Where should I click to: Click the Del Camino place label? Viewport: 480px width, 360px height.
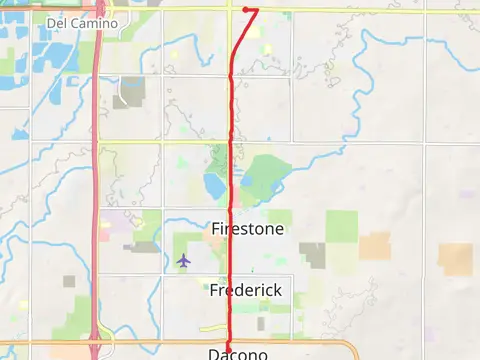click(x=82, y=22)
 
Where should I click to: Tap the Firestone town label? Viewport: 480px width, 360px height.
click(x=248, y=229)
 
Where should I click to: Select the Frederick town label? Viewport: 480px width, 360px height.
click(x=246, y=290)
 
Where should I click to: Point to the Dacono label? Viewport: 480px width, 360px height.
click(x=238, y=354)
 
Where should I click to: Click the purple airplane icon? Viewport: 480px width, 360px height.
click(x=183, y=261)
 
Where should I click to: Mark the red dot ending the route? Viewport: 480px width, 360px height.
click(x=246, y=10)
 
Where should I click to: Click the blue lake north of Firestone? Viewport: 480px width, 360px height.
click(x=214, y=185)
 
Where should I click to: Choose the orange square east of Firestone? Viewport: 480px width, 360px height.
click(x=375, y=246)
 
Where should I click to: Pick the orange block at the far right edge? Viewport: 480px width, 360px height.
click(x=455, y=259)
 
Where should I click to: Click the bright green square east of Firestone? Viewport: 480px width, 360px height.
click(x=341, y=227)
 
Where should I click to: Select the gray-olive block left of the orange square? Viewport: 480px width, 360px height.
click(x=313, y=255)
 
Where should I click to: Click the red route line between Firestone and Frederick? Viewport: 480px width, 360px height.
click(x=232, y=260)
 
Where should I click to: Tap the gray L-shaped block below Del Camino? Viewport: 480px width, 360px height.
click(x=131, y=92)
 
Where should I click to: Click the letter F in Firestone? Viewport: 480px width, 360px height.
click(x=216, y=229)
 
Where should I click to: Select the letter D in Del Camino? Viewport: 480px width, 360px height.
click(x=51, y=22)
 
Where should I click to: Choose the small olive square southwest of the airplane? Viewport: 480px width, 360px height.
click(x=69, y=282)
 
